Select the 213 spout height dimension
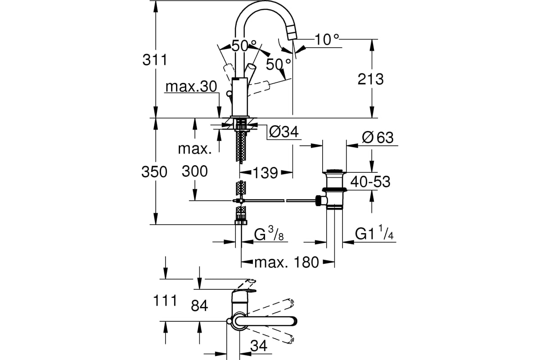click(370, 79)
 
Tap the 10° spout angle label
click(327, 40)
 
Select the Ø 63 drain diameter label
click(378, 138)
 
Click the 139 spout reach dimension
click(265, 172)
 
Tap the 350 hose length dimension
click(154, 172)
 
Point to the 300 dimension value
click(194, 171)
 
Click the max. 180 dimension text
click(287, 262)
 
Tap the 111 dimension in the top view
click(165, 301)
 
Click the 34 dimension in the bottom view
click(258, 346)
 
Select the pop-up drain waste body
click(334, 189)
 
